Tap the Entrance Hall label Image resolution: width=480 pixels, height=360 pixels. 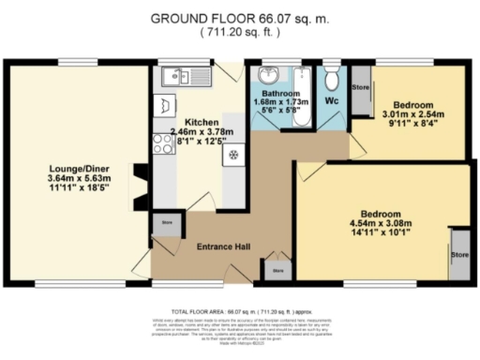[222, 247]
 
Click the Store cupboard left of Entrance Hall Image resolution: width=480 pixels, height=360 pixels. [168, 223]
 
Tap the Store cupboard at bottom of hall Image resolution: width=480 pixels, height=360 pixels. [277, 270]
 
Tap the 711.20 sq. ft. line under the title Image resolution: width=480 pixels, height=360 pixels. [239, 31]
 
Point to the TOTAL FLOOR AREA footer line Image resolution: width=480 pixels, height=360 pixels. [240, 309]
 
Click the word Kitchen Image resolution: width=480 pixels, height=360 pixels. [202, 123]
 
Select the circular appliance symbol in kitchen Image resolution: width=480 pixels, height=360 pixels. [232, 155]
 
